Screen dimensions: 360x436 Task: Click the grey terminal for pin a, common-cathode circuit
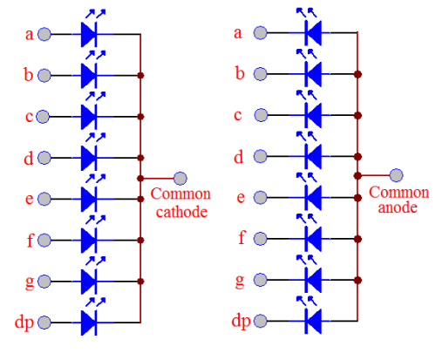coord(44,34)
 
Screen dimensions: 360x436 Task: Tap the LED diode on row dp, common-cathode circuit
coord(90,323)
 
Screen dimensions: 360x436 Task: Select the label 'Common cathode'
coord(179,201)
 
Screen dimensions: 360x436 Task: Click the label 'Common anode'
coord(399,200)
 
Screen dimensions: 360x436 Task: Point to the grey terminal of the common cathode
coord(180,177)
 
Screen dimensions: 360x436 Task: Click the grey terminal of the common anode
coord(397,175)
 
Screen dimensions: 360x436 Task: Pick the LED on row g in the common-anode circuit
coord(310,281)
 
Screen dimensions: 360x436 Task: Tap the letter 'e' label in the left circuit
coord(29,199)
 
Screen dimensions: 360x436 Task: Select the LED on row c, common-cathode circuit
coord(90,116)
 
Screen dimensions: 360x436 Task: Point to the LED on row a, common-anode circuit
coord(310,34)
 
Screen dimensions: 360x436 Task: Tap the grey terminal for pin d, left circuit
coord(44,158)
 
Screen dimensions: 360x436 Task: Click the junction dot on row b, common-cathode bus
coord(141,75)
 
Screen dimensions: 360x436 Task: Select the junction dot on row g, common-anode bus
coord(358,281)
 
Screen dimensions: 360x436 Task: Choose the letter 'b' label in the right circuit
coord(238,74)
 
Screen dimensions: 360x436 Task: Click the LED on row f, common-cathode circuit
coord(90,240)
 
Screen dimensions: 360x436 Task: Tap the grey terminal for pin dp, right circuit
coord(261,323)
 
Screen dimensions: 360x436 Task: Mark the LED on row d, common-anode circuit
coord(310,158)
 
